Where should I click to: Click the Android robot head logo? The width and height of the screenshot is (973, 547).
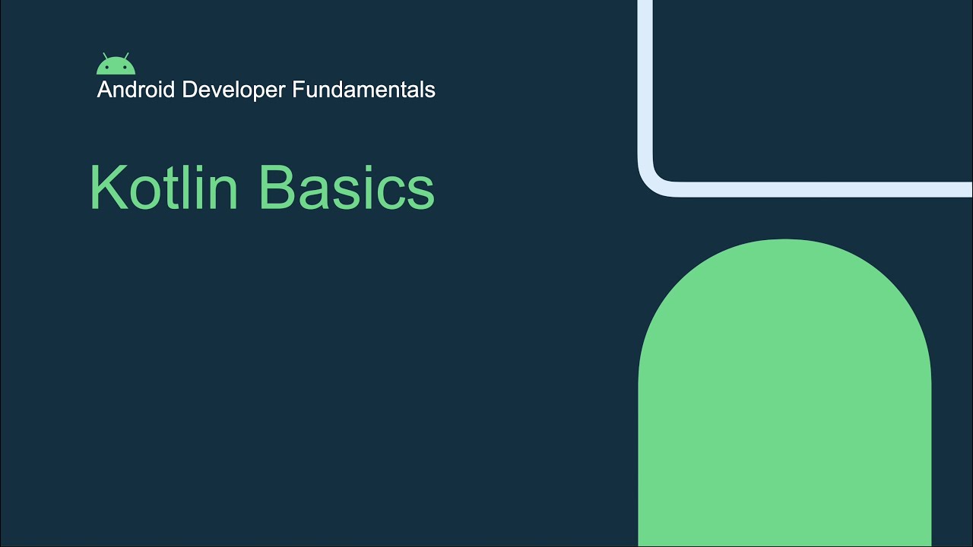[116, 66]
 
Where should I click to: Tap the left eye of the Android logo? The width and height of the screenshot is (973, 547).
[108, 68]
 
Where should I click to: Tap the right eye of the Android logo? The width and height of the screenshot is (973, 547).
[124, 68]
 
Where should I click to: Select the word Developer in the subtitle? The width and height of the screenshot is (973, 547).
[233, 90]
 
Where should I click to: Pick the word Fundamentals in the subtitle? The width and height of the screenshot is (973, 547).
[363, 90]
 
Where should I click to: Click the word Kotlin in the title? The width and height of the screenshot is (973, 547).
[163, 188]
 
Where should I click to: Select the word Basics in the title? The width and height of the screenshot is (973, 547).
[346, 188]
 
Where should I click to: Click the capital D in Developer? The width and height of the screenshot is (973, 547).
[189, 90]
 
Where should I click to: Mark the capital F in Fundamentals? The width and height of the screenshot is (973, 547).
[297, 90]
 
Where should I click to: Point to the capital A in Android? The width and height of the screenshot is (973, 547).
[103, 90]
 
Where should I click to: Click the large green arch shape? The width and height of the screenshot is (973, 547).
[784, 395]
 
